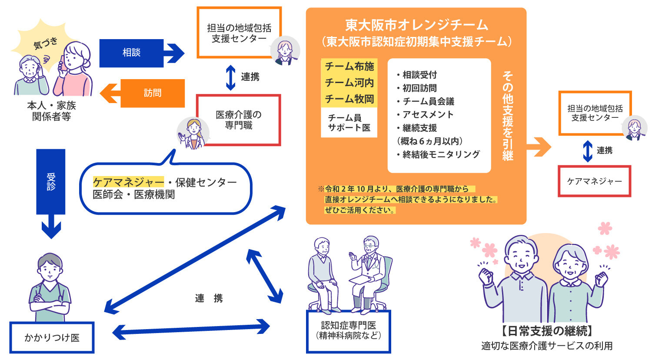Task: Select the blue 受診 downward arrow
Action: [51, 191]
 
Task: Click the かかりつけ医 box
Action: [52, 337]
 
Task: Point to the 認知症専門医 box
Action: [349, 330]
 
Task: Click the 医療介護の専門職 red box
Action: [239, 120]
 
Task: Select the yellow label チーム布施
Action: [349, 67]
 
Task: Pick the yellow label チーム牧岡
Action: [349, 99]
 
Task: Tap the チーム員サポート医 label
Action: [349, 123]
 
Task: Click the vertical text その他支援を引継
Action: [507, 115]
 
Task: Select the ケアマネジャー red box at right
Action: [594, 181]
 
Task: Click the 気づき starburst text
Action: [46, 43]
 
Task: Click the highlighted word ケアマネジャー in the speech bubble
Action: [129, 182]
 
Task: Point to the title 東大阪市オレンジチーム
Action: [416, 25]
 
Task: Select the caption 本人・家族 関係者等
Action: [51, 111]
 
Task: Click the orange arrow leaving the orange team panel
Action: [539, 147]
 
